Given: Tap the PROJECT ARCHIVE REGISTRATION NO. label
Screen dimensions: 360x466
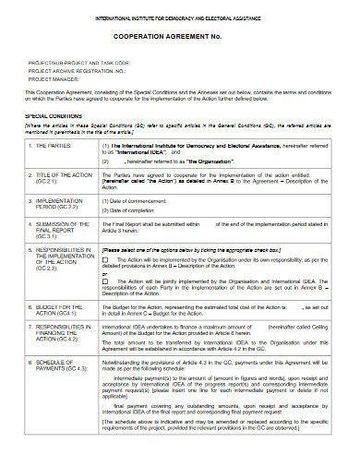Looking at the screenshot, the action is [77, 71].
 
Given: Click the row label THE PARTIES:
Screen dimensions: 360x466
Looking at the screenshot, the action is [56, 146].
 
